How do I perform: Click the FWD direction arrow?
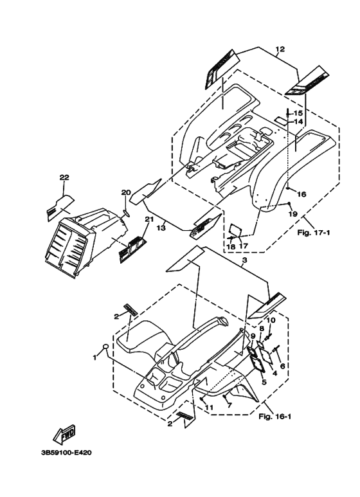(65, 434)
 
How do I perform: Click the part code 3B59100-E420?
(66, 453)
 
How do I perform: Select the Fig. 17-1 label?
(314, 233)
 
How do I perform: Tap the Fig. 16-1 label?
(274, 417)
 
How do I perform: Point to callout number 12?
(280, 49)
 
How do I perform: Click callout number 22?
(64, 177)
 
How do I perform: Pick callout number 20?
(126, 192)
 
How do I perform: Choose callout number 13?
(161, 228)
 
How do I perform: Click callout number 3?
(244, 260)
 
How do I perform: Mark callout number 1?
(94, 358)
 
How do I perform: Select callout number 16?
(301, 194)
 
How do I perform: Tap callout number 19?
(292, 214)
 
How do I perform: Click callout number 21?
(149, 219)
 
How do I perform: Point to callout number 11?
(209, 407)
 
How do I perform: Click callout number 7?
(230, 405)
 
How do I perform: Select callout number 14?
(298, 122)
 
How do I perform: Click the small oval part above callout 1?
(107, 346)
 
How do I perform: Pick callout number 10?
(271, 320)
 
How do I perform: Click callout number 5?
(264, 382)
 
